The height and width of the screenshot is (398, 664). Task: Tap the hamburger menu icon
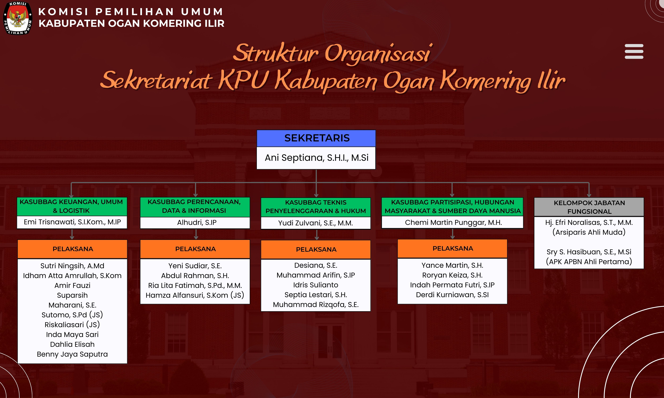(634, 51)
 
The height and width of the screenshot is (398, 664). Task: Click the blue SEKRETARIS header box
(316, 138)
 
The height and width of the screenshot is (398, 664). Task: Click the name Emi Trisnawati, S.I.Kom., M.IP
(72, 222)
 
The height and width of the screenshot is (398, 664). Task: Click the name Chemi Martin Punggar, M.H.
(453, 223)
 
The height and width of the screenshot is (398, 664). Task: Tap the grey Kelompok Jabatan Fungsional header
(589, 207)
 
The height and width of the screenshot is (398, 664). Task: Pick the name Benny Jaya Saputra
(72, 354)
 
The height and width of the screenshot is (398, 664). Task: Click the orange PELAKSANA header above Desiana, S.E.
(316, 249)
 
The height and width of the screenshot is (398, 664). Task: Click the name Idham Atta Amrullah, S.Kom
(72, 276)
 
